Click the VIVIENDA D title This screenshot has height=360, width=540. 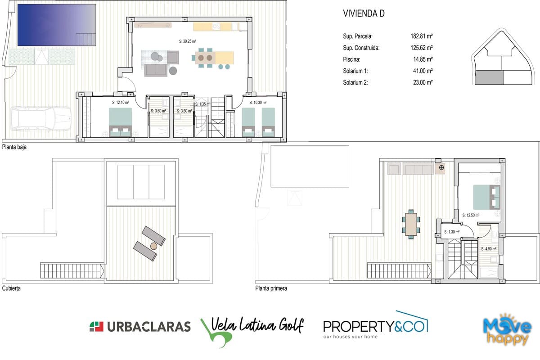point(364,13)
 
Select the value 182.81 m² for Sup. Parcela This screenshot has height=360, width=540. point(422,36)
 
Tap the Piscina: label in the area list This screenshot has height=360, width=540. point(351,59)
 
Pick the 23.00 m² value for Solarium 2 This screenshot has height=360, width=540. point(423,82)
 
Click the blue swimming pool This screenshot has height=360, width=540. point(57,25)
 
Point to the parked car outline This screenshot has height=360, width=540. point(41,119)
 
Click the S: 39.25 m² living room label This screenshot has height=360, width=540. point(188,41)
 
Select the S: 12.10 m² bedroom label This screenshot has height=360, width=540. point(121,102)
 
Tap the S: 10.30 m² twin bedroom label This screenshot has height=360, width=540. point(258,103)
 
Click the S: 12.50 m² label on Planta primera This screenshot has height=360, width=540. point(471,215)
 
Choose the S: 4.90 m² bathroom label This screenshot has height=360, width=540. point(489,248)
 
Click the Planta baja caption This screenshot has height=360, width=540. point(14,147)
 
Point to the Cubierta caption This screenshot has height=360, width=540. point(11,288)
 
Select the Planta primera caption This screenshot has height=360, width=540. point(271,288)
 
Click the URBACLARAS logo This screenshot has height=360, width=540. point(140,327)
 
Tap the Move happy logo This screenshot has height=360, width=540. point(507,329)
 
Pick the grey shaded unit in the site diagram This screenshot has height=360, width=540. point(489,77)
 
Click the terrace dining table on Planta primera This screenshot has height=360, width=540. point(411,224)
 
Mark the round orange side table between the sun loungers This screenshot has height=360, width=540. point(153,246)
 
